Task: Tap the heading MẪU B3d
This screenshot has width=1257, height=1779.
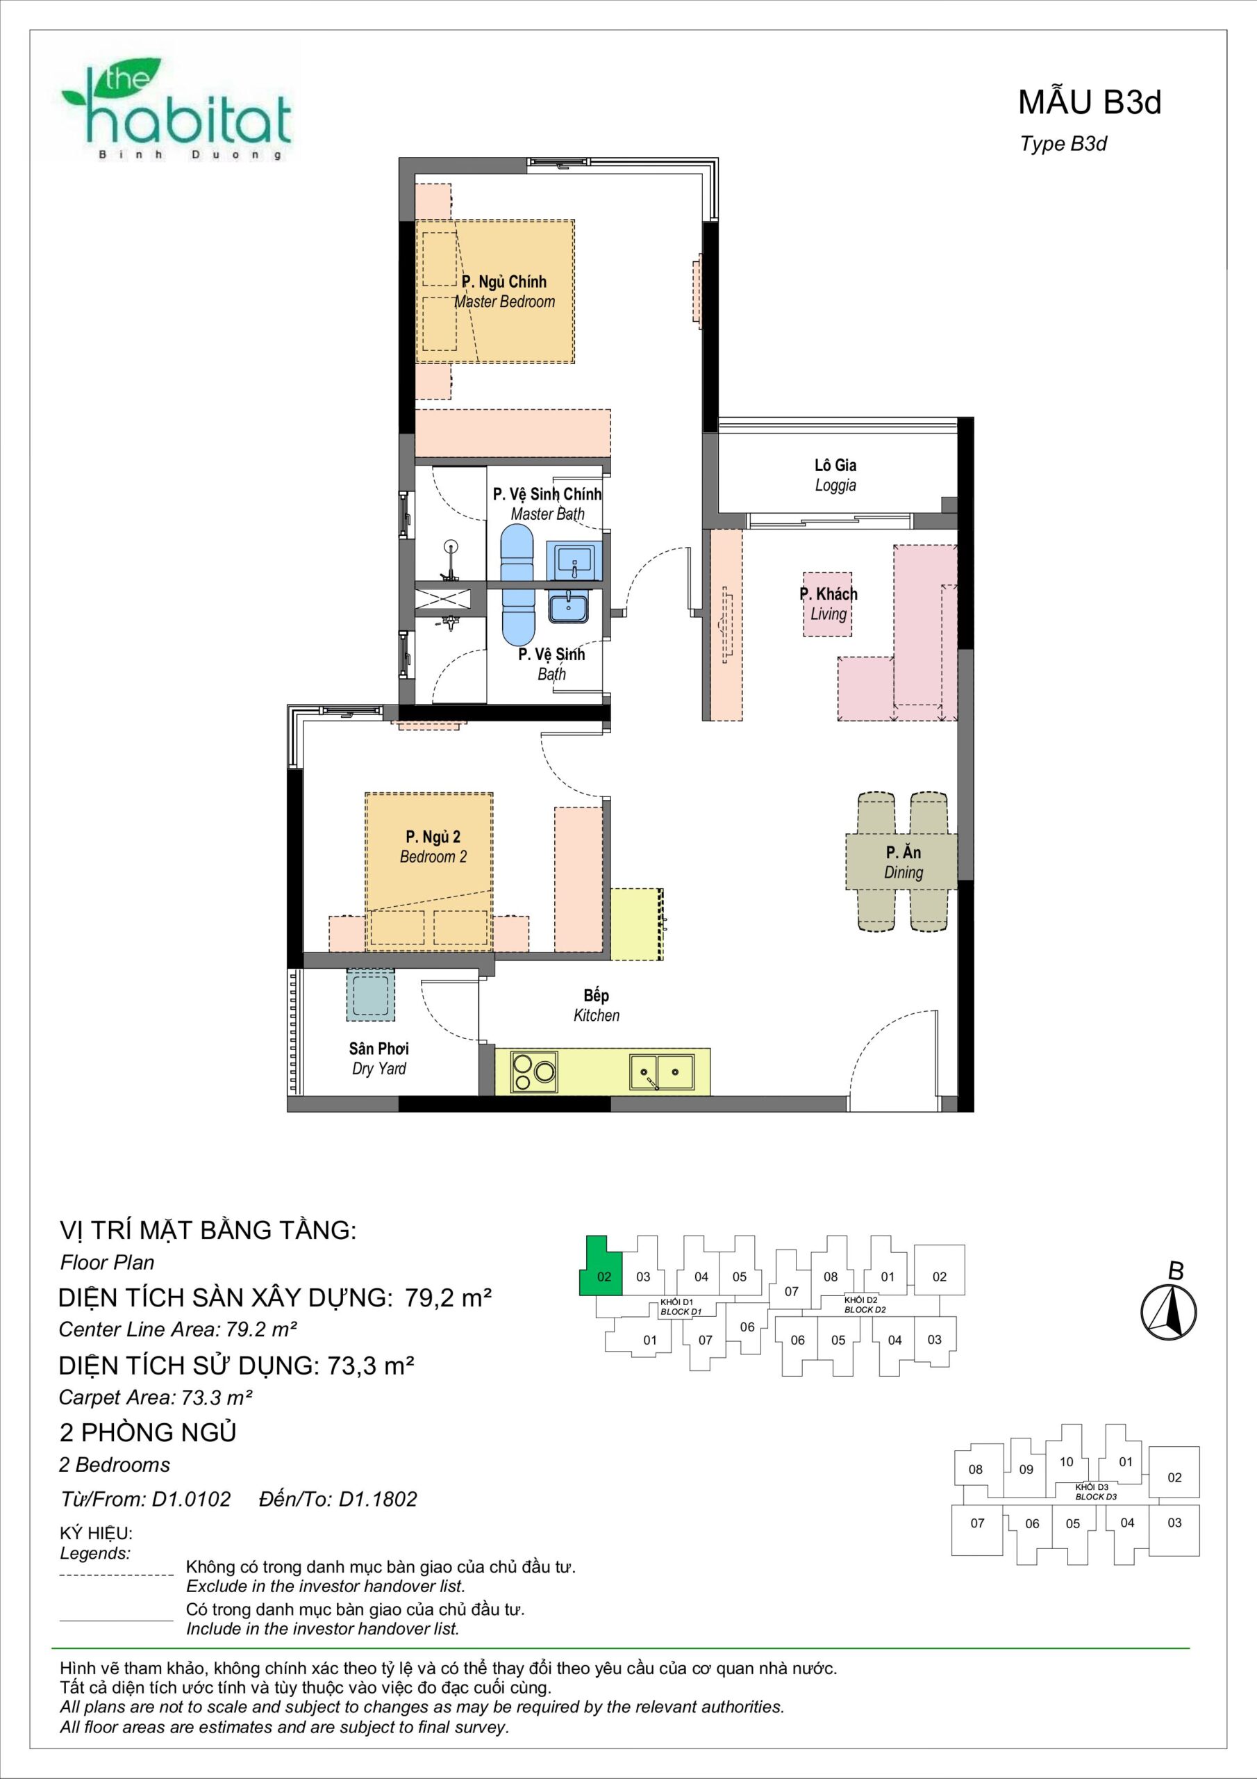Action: tap(1089, 102)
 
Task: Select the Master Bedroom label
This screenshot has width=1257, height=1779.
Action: tap(504, 291)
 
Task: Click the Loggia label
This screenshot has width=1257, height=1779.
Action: tap(835, 475)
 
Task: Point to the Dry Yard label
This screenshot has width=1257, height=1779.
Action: tap(378, 1058)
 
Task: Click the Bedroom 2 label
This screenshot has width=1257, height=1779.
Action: tap(433, 847)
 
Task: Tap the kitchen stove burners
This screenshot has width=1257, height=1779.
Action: tap(533, 1072)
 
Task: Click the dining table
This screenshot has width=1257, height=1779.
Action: tap(901, 862)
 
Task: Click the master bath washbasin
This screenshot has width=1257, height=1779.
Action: tap(572, 561)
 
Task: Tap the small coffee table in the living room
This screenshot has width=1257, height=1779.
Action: tap(827, 605)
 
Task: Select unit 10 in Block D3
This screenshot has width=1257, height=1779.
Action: tap(1067, 1461)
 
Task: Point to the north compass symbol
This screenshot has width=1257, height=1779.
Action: tap(1169, 1313)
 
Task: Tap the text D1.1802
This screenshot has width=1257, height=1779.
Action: tap(377, 1498)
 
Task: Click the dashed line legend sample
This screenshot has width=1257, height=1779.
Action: tap(116, 1575)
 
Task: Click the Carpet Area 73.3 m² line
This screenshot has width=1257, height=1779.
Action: tap(156, 1397)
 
